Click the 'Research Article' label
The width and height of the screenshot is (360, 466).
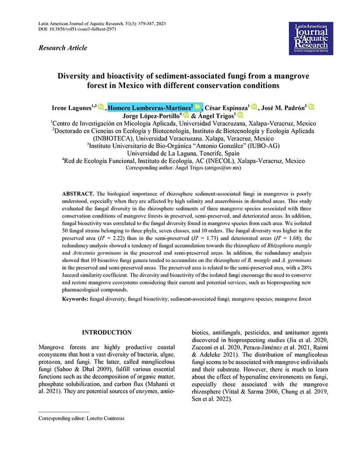tap(63, 48)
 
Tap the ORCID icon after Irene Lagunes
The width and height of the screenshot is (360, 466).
tap(101, 107)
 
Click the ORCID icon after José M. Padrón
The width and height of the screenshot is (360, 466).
tap(312, 107)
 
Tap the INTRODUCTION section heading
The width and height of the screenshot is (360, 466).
tap(106, 332)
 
